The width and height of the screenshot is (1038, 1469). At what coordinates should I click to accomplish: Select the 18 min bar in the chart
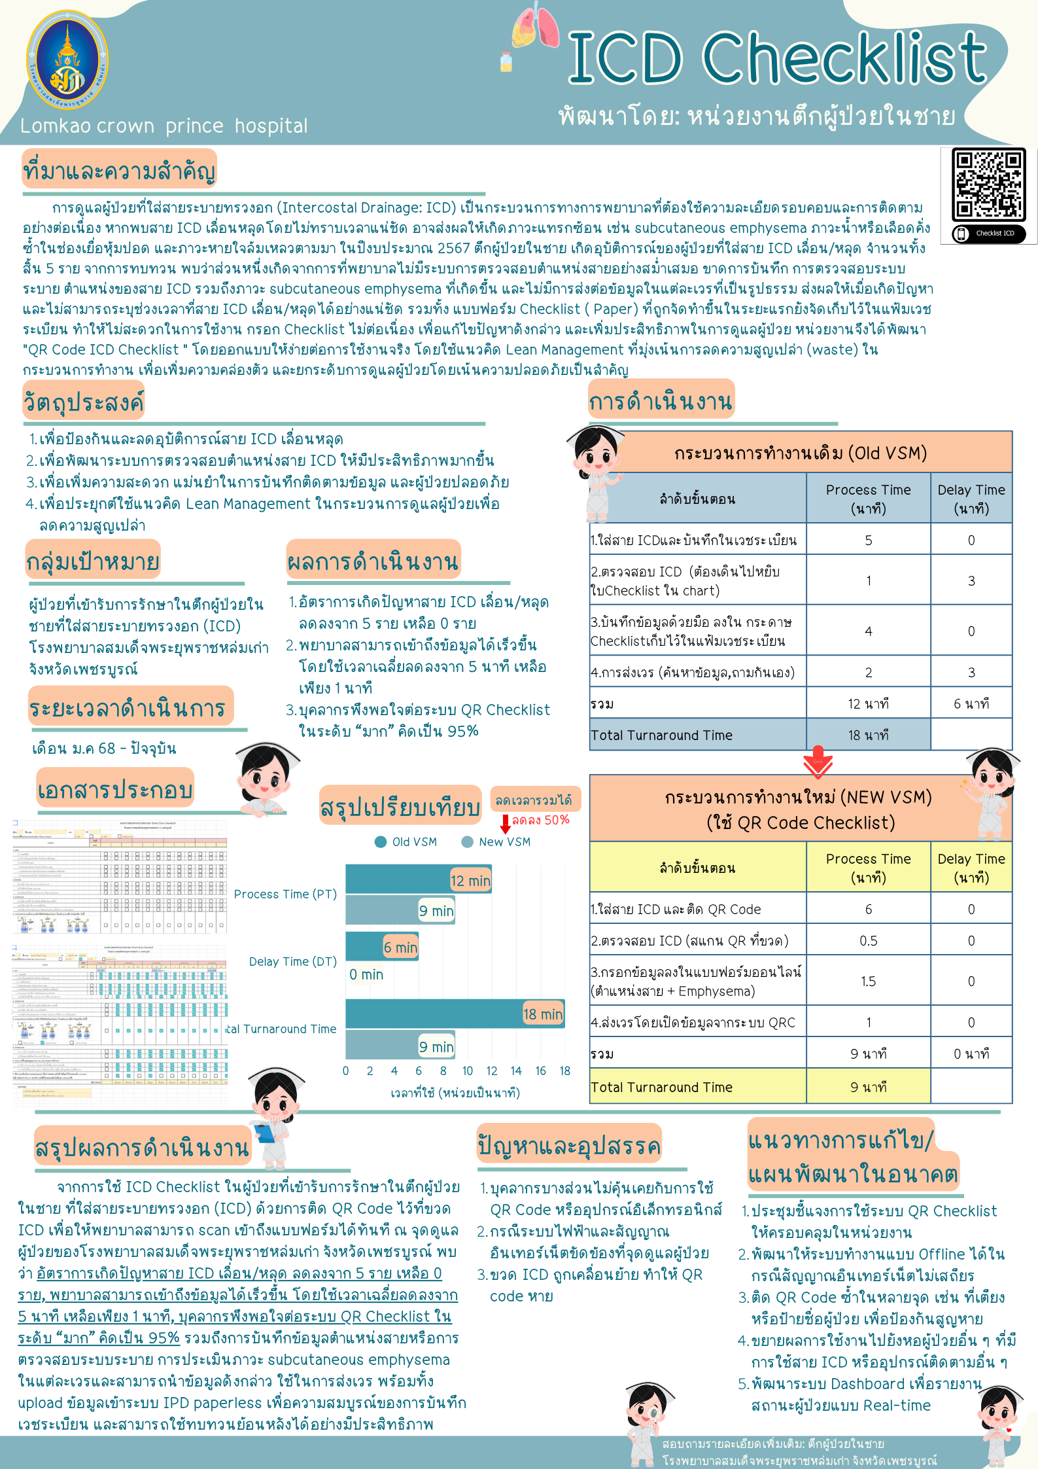click(455, 1014)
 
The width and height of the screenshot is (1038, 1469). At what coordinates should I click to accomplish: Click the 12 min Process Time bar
click(419, 879)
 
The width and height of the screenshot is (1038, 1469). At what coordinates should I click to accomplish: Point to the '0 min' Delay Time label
click(366, 974)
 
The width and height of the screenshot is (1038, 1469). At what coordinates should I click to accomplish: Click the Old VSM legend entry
click(406, 842)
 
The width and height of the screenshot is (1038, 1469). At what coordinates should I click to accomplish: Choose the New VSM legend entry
click(496, 842)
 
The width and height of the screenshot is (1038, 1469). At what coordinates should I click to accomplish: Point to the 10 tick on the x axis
click(468, 1071)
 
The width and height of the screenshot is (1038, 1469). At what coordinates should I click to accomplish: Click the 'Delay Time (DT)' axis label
click(293, 961)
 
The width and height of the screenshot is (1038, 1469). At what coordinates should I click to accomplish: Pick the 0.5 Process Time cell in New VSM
click(868, 941)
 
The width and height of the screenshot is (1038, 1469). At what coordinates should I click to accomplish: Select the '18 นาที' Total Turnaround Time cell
click(868, 735)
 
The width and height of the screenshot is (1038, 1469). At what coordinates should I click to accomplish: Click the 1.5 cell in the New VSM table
click(868, 981)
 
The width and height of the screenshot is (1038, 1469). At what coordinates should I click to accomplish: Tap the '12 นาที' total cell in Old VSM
click(868, 703)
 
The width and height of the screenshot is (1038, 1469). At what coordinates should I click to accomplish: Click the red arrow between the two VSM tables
click(818, 762)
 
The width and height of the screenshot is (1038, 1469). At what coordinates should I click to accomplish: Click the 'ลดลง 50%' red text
click(540, 820)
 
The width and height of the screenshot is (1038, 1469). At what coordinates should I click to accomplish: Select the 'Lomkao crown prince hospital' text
click(164, 126)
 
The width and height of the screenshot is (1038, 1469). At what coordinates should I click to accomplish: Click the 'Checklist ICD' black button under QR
click(989, 234)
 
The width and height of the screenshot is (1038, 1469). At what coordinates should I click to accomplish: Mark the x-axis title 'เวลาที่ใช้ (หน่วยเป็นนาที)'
click(455, 1093)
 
